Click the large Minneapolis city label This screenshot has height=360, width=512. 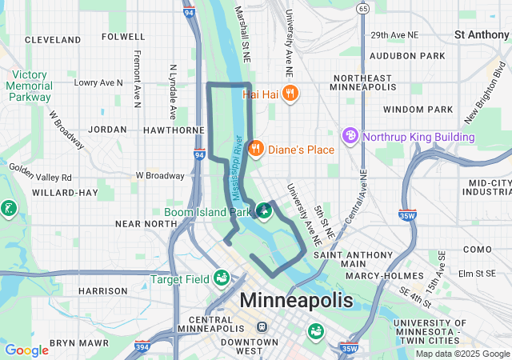[296, 301]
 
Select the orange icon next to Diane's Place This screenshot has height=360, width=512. [256, 149]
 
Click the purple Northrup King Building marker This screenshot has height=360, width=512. [350, 137]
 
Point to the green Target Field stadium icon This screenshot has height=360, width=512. [221, 278]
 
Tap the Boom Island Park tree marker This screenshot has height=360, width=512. [262, 212]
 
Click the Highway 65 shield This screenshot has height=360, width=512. [363, 9]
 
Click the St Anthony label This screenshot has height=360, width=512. [481, 34]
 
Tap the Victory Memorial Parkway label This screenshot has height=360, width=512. [30, 86]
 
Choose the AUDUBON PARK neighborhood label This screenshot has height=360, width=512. [413, 56]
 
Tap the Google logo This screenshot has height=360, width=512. [26, 350]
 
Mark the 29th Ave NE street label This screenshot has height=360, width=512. [394, 35]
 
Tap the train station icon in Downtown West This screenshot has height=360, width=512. [261, 327]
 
